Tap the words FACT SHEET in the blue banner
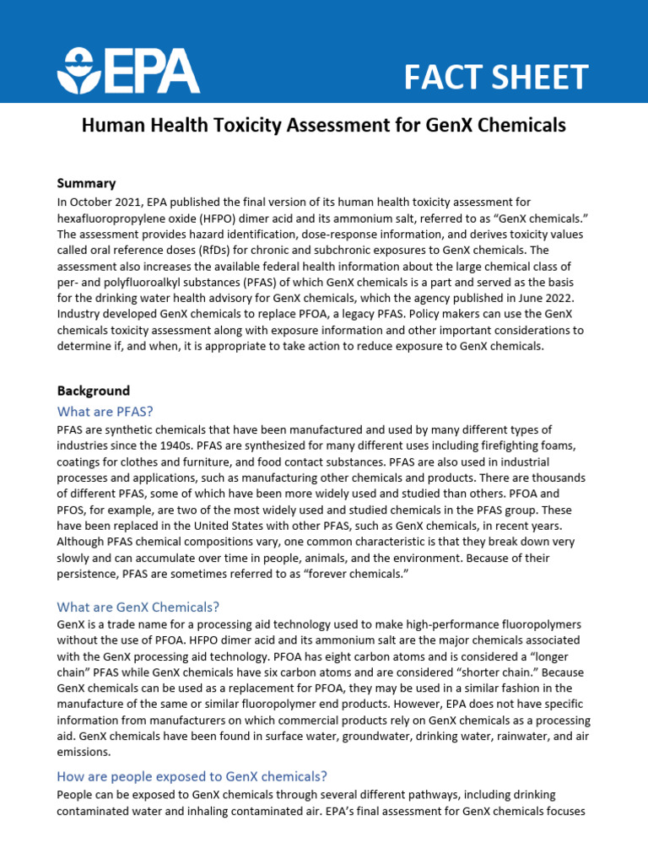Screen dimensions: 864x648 coord(495,77)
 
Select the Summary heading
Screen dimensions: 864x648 coord(86,183)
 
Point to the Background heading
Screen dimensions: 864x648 coord(94,391)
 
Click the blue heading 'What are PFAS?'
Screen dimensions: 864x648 coord(105,411)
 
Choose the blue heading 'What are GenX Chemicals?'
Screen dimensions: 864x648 coord(138,607)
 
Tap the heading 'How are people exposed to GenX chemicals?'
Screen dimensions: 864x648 coord(192,775)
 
